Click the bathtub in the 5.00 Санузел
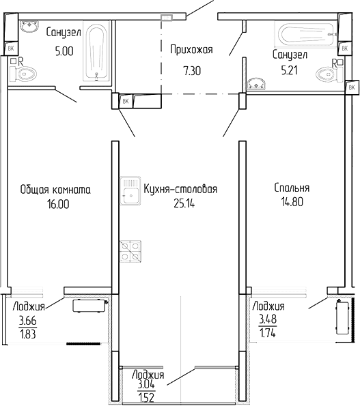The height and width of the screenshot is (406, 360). (96, 53)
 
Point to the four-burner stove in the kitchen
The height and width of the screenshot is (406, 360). (131, 250)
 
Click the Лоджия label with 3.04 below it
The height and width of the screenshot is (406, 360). (148, 375)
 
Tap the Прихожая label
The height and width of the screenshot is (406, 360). (191, 48)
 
